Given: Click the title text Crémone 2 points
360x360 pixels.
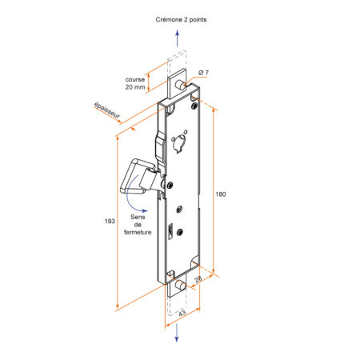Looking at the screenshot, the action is point(181,19).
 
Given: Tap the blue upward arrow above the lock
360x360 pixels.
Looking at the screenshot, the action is point(178,38).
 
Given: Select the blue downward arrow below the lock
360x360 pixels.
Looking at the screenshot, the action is point(177,333).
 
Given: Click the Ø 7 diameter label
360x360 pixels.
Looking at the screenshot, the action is point(204,73).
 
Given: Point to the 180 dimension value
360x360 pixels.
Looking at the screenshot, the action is point(221,194).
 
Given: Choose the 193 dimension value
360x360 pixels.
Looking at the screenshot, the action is point(110,221).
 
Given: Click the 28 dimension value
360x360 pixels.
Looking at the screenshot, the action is point(198,279).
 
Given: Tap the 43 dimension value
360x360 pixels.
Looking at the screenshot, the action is point(182,313).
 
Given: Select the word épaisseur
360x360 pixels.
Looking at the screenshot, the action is point(107,110).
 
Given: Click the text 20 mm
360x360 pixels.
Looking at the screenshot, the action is point(135,87).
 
